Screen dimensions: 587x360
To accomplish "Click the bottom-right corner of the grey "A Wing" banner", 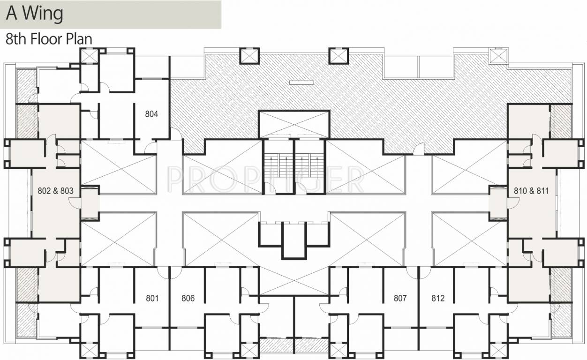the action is click(221, 28).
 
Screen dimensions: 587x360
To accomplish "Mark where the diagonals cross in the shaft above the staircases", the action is click(294, 124).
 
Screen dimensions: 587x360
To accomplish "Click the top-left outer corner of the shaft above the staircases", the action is click(258, 110).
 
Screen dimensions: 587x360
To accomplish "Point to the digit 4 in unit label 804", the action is click(156, 114).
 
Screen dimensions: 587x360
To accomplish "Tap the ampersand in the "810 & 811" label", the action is click(531, 191).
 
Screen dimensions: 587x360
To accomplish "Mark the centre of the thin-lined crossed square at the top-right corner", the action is click(499, 56).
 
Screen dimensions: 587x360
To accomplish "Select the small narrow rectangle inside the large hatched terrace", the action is click(301, 83).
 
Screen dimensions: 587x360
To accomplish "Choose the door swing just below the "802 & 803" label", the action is click(75, 203).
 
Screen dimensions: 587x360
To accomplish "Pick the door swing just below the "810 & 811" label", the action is click(513, 203).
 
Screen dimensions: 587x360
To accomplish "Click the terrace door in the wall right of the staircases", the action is click(419, 149).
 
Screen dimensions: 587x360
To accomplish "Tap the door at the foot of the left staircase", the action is click(271, 188).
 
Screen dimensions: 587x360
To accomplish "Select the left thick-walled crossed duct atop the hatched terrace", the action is click(249, 56).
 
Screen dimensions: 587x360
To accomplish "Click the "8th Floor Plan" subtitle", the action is click(49, 39).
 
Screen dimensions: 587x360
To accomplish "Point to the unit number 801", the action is click(152, 298).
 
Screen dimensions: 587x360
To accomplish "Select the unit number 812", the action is click(438, 298).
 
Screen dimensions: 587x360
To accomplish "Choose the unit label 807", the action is click(400, 298).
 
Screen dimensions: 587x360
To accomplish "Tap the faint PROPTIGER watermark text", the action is click(265, 179).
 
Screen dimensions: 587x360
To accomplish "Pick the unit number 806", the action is click(188, 298).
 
